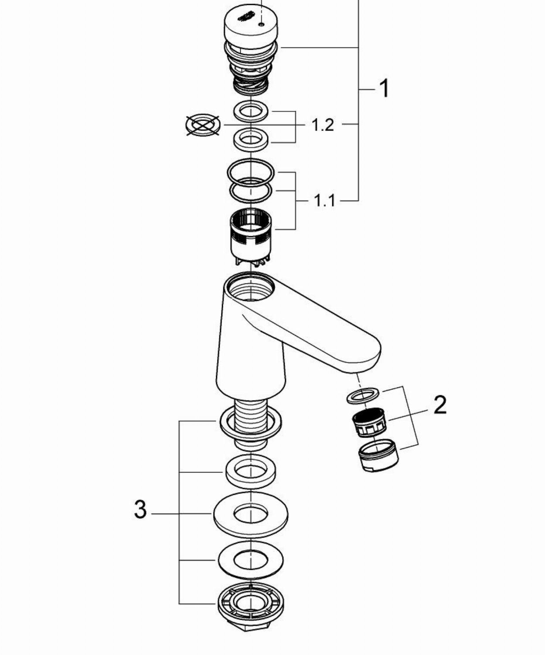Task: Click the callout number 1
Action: tap(384, 89)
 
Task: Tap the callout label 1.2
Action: tap(323, 125)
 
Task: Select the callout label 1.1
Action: tap(324, 200)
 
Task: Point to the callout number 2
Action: tap(440, 405)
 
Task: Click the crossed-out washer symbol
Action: tap(203, 125)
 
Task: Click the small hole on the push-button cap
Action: tap(261, 24)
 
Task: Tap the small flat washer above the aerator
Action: tap(363, 396)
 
